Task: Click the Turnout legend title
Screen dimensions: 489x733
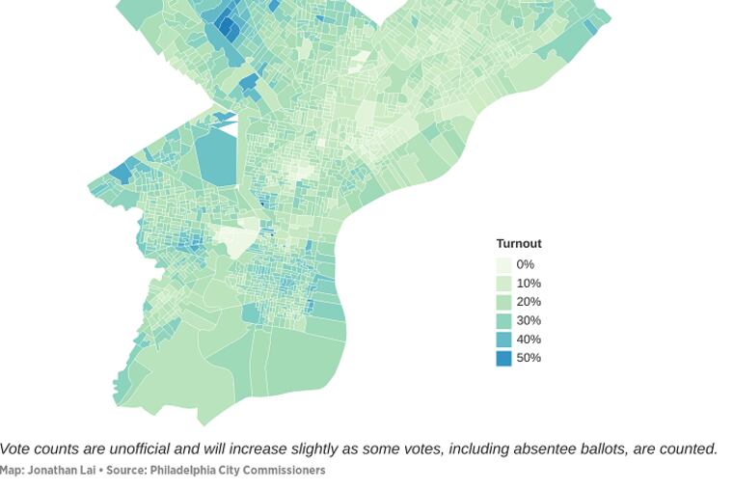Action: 518,244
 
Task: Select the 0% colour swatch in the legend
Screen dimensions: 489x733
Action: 503,265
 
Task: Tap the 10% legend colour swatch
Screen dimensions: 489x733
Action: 503,284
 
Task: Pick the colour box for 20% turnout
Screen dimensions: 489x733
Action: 503,302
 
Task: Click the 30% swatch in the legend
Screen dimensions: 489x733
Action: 503,321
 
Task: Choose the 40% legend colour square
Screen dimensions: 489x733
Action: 503,340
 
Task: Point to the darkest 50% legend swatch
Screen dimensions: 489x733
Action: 503,358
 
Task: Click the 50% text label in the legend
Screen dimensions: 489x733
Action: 529,358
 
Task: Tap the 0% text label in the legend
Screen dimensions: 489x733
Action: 525,265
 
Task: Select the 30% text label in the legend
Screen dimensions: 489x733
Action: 529,321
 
